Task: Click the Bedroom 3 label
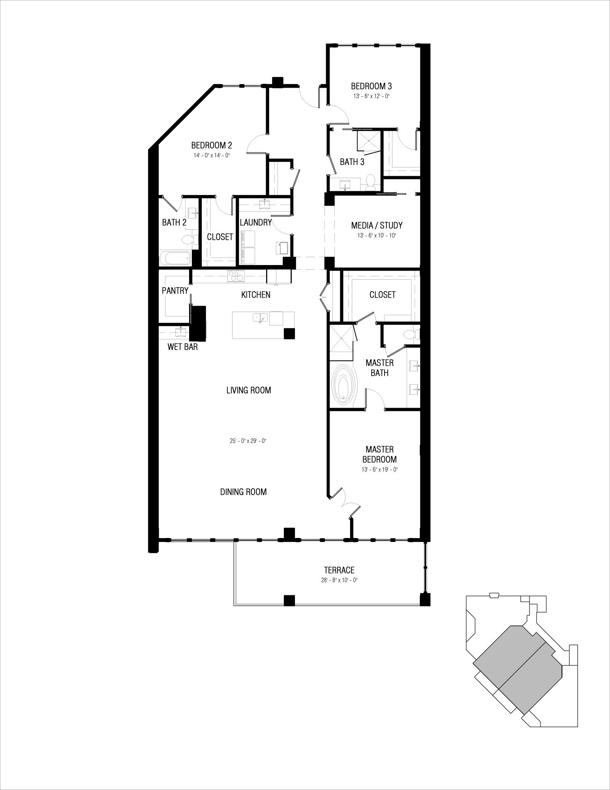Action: pyautogui.click(x=371, y=86)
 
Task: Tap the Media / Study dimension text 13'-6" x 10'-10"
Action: pyautogui.click(x=376, y=236)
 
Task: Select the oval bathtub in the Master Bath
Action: pyautogui.click(x=345, y=386)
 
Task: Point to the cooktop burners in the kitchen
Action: pyautogui.click(x=236, y=276)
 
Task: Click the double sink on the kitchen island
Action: pyautogui.click(x=260, y=317)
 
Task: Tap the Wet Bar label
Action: pyautogui.click(x=182, y=347)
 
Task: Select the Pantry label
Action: pyautogui.click(x=175, y=291)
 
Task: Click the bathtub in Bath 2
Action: pyautogui.click(x=175, y=259)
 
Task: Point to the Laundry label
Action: pyautogui.click(x=256, y=222)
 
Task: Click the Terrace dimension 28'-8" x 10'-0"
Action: pyautogui.click(x=339, y=580)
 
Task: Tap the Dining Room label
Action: pyautogui.click(x=243, y=492)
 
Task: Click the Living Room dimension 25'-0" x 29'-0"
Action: pyautogui.click(x=248, y=441)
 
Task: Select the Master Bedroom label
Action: pyautogui.click(x=379, y=454)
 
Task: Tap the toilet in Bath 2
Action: pyautogui.click(x=187, y=240)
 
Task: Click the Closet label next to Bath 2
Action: pyautogui.click(x=220, y=237)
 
